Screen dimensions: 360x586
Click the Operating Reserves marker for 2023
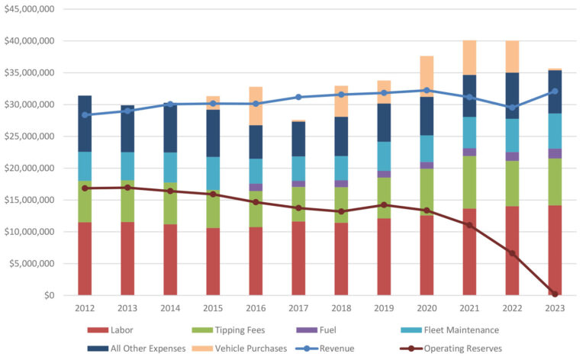[x=555, y=294]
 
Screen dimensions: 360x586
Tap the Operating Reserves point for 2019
[x=383, y=204]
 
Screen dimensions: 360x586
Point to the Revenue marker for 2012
[x=84, y=115]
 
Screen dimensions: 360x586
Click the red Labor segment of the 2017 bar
[x=298, y=258]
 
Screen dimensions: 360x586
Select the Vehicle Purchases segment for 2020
[x=426, y=76]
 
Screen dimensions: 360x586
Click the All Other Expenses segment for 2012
[x=84, y=124]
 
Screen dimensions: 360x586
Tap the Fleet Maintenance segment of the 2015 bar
[x=212, y=174]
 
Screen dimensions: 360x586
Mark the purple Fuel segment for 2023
[x=555, y=153]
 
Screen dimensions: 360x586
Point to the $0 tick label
[x=49, y=295]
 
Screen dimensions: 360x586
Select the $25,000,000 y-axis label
[x=31, y=136]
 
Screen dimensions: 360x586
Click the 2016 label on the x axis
[x=255, y=309]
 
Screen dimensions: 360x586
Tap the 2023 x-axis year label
[x=555, y=309]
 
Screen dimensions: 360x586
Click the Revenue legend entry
[x=344, y=349]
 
